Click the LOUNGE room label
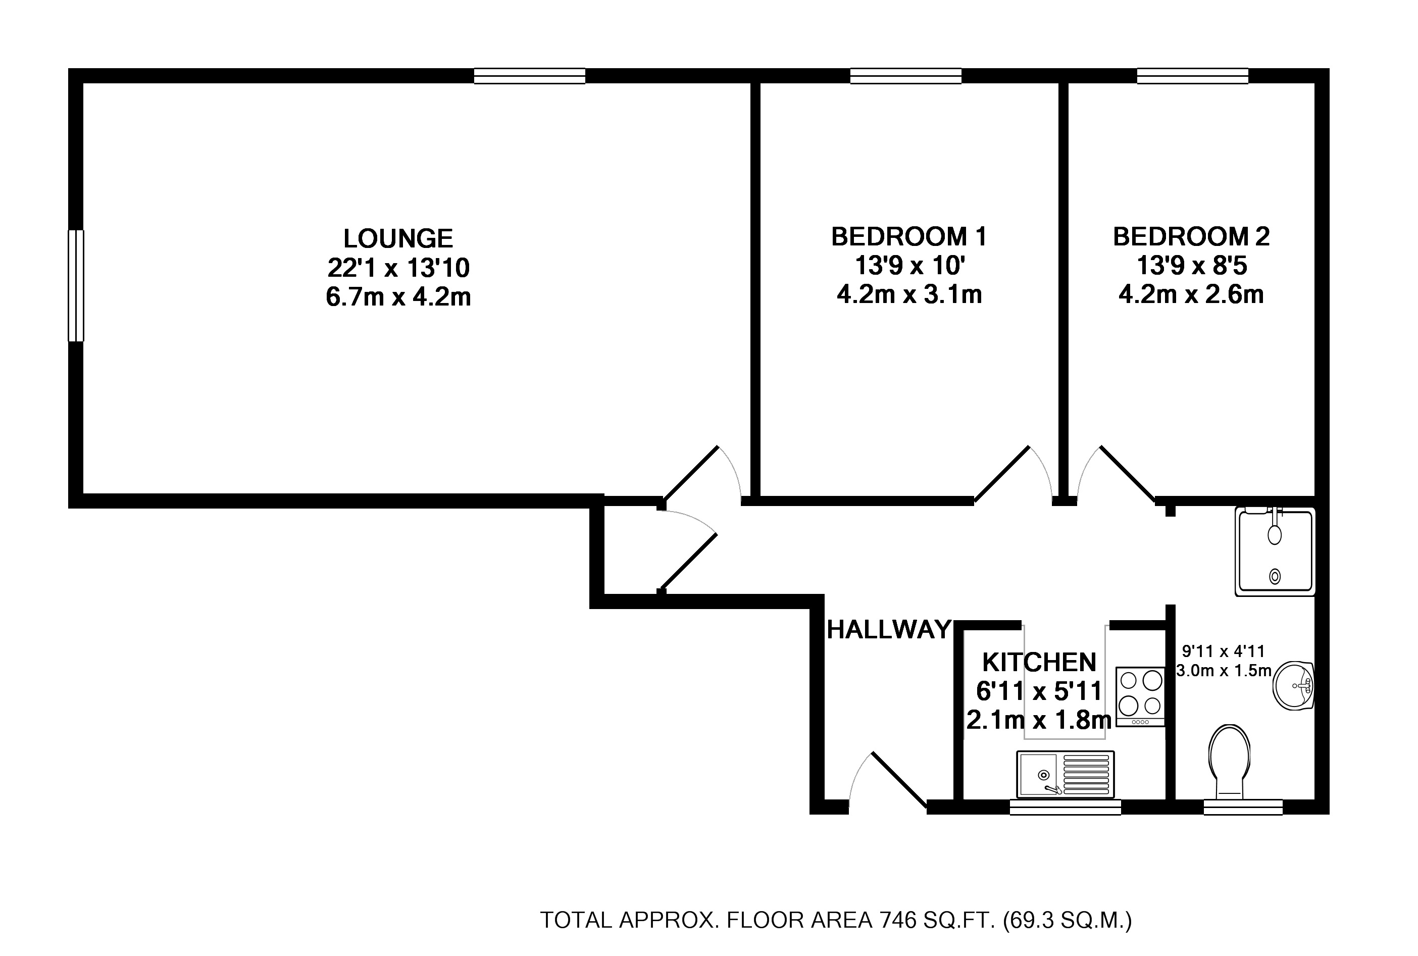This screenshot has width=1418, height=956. pos(398,238)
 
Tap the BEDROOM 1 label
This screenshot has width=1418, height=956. pos(909,236)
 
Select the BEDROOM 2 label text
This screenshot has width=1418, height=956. pos(1191,236)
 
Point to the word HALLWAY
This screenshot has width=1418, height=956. pos(889,630)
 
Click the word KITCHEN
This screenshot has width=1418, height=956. pos(1039,662)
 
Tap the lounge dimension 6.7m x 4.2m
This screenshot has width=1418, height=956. pos(398,297)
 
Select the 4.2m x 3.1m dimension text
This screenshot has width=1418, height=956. pos(909,294)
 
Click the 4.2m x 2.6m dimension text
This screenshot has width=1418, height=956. pos(1191,294)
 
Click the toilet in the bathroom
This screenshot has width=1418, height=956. pos(1229,762)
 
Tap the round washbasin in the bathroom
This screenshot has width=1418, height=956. pos(1294,686)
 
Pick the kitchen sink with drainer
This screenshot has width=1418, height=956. pos(1065,774)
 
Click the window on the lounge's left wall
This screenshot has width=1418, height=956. pos(76,285)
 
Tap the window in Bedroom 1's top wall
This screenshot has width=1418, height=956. pos(906,76)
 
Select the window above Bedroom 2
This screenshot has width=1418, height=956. pos(1192,76)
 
